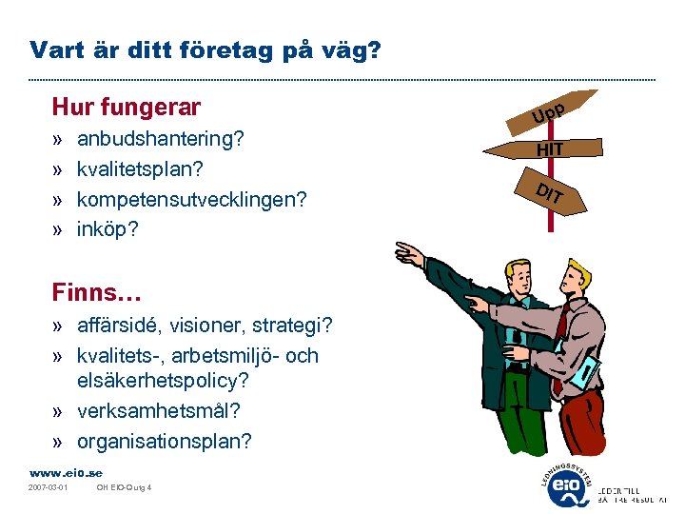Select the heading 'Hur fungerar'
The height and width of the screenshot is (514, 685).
coord(127,106)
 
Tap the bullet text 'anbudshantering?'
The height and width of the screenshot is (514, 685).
coord(161,139)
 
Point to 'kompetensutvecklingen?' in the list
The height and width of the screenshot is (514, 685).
coord(191,199)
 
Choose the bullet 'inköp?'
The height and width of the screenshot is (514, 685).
coord(108,229)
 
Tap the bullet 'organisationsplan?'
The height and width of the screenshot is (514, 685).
coord(164,442)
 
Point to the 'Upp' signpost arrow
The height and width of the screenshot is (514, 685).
coord(553,111)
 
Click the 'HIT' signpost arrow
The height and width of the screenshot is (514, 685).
coord(550,148)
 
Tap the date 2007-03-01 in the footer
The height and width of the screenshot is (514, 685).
coord(49,489)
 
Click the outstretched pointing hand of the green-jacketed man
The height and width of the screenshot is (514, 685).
coord(410,253)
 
